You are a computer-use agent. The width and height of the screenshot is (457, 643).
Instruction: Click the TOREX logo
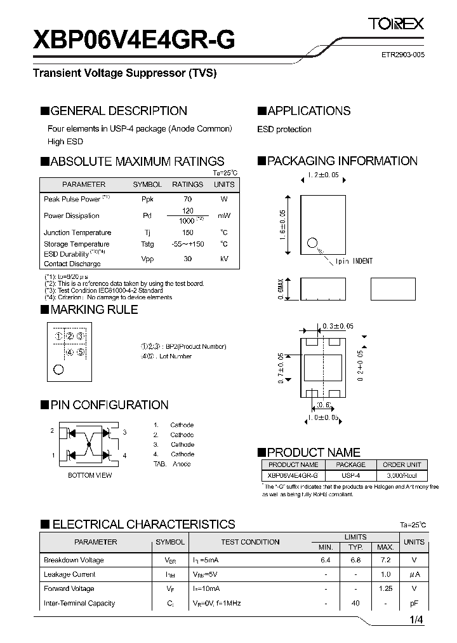click(397, 25)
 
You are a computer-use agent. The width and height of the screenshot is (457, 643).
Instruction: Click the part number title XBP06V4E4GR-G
click(134, 40)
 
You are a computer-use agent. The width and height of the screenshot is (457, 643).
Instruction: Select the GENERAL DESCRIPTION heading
click(118, 111)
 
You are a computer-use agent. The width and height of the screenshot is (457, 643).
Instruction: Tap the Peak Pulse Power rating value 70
click(187, 199)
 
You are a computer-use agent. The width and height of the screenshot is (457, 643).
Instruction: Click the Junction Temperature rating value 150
click(187, 233)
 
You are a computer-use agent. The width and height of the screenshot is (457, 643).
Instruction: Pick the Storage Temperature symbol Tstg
click(147, 244)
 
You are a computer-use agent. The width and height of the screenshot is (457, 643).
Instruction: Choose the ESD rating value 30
click(187, 259)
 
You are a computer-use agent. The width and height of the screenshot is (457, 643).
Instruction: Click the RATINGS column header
click(187, 184)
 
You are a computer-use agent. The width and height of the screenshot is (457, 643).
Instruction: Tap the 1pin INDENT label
click(354, 261)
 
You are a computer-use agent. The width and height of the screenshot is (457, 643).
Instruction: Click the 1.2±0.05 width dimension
click(323, 175)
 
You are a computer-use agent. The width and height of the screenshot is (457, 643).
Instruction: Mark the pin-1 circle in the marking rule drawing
click(58, 369)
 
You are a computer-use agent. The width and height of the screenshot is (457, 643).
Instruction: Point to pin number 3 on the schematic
click(125, 432)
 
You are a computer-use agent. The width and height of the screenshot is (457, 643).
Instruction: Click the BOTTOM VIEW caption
click(90, 475)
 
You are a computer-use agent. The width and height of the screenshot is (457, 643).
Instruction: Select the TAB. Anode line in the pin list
click(172, 464)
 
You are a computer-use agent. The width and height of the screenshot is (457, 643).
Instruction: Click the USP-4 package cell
click(350, 475)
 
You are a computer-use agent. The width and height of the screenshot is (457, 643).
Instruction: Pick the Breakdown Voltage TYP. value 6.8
click(355, 560)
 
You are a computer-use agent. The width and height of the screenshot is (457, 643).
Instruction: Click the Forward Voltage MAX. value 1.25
click(385, 589)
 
